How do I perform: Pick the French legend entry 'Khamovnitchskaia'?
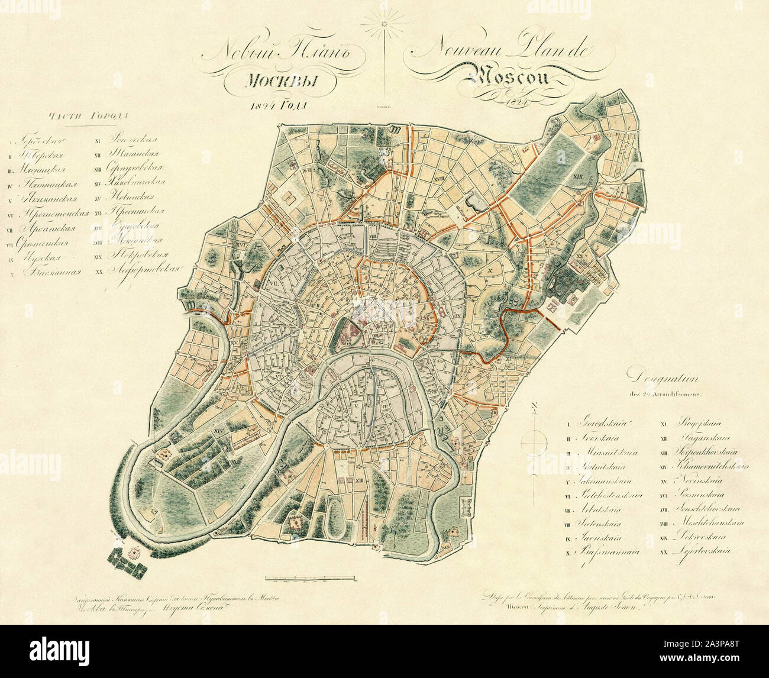point(710,466)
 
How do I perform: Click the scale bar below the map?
point(310,575)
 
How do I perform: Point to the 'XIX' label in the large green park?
point(578,176)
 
